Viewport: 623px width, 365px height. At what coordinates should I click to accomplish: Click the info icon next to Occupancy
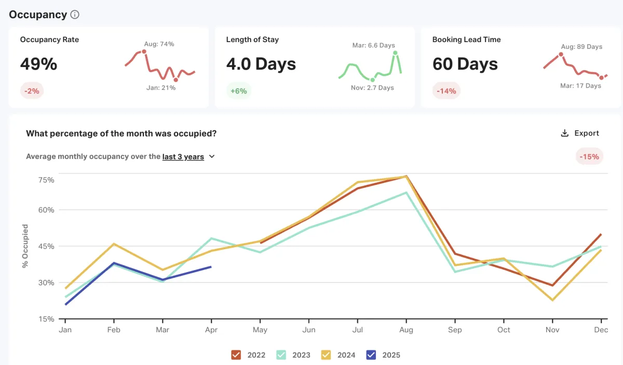click(x=75, y=15)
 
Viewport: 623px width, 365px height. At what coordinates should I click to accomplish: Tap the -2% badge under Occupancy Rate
click(x=32, y=91)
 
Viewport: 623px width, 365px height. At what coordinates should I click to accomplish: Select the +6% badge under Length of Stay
click(x=239, y=91)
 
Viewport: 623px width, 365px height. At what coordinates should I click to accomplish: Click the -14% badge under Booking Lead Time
click(x=446, y=91)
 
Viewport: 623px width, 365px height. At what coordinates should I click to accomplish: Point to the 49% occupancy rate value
click(x=38, y=64)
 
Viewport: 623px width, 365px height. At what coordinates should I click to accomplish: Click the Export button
click(x=580, y=133)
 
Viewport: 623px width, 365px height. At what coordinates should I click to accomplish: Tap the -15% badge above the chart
click(x=589, y=156)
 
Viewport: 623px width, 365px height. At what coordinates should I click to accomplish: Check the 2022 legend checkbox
click(x=236, y=355)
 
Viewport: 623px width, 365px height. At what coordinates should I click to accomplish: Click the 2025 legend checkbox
click(x=371, y=355)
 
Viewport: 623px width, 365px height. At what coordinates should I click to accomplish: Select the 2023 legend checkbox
click(x=281, y=355)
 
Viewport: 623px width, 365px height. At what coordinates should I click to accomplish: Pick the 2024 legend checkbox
click(x=326, y=355)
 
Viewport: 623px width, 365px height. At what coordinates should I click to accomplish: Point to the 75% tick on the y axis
click(x=46, y=180)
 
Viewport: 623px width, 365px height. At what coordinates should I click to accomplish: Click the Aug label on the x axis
click(x=407, y=330)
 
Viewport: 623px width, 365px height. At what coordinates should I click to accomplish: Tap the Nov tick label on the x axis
click(x=552, y=330)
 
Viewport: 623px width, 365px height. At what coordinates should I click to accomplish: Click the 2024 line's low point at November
click(x=552, y=300)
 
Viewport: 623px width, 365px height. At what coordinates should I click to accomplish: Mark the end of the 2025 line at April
click(x=211, y=267)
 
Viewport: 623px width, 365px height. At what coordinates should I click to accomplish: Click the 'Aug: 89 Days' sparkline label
click(x=581, y=47)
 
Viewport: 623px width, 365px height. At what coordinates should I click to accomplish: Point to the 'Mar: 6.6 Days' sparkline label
click(x=374, y=45)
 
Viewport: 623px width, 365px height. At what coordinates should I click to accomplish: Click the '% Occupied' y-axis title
click(x=25, y=246)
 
